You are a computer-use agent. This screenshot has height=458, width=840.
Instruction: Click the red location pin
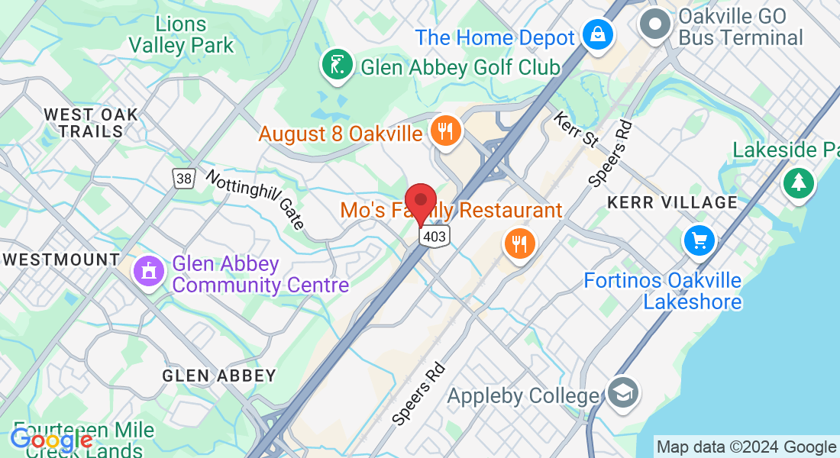coord(420,202)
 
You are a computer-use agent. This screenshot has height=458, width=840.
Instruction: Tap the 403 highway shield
coord(434,236)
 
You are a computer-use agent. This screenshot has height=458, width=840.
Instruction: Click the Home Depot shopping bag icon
coord(593,34)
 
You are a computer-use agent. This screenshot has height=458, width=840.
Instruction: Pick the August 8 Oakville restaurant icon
coord(443,131)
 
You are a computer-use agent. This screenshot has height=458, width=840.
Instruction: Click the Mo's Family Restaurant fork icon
coord(520,244)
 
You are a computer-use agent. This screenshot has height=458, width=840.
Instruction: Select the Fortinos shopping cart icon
coord(699,240)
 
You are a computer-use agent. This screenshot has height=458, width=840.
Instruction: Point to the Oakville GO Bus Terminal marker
coord(654,24)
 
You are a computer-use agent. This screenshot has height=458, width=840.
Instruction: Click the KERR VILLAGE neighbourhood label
coord(672,203)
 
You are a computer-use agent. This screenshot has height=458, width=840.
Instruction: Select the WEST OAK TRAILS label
coord(92,123)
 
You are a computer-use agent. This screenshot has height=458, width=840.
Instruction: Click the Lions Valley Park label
coord(181,34)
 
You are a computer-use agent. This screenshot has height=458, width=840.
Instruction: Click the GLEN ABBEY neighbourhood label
coord(219,376)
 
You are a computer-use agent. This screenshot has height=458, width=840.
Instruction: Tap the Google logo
coord(51,440)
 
